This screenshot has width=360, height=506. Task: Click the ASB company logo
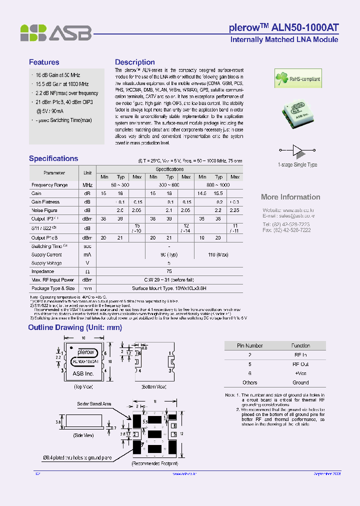(55, 33)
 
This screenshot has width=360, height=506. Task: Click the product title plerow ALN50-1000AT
(283, 27)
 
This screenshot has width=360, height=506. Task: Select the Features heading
(44, 62)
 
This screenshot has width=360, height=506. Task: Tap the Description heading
(135, 62)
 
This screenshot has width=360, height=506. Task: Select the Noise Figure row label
(44, 210)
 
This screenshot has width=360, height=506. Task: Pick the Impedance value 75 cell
(169, 271)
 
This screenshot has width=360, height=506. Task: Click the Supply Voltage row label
(46, 263)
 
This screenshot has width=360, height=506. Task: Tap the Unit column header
(87, 172)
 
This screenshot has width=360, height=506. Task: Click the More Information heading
(290, 197)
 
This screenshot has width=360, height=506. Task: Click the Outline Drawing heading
(75, 327)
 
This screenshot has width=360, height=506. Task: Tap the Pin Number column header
(249, 345)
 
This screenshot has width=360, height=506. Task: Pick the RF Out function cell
(300, 364)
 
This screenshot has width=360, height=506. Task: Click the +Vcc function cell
(300, 373)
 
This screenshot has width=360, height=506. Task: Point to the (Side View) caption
(83, 435)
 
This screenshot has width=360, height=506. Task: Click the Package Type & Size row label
(53, 288)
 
